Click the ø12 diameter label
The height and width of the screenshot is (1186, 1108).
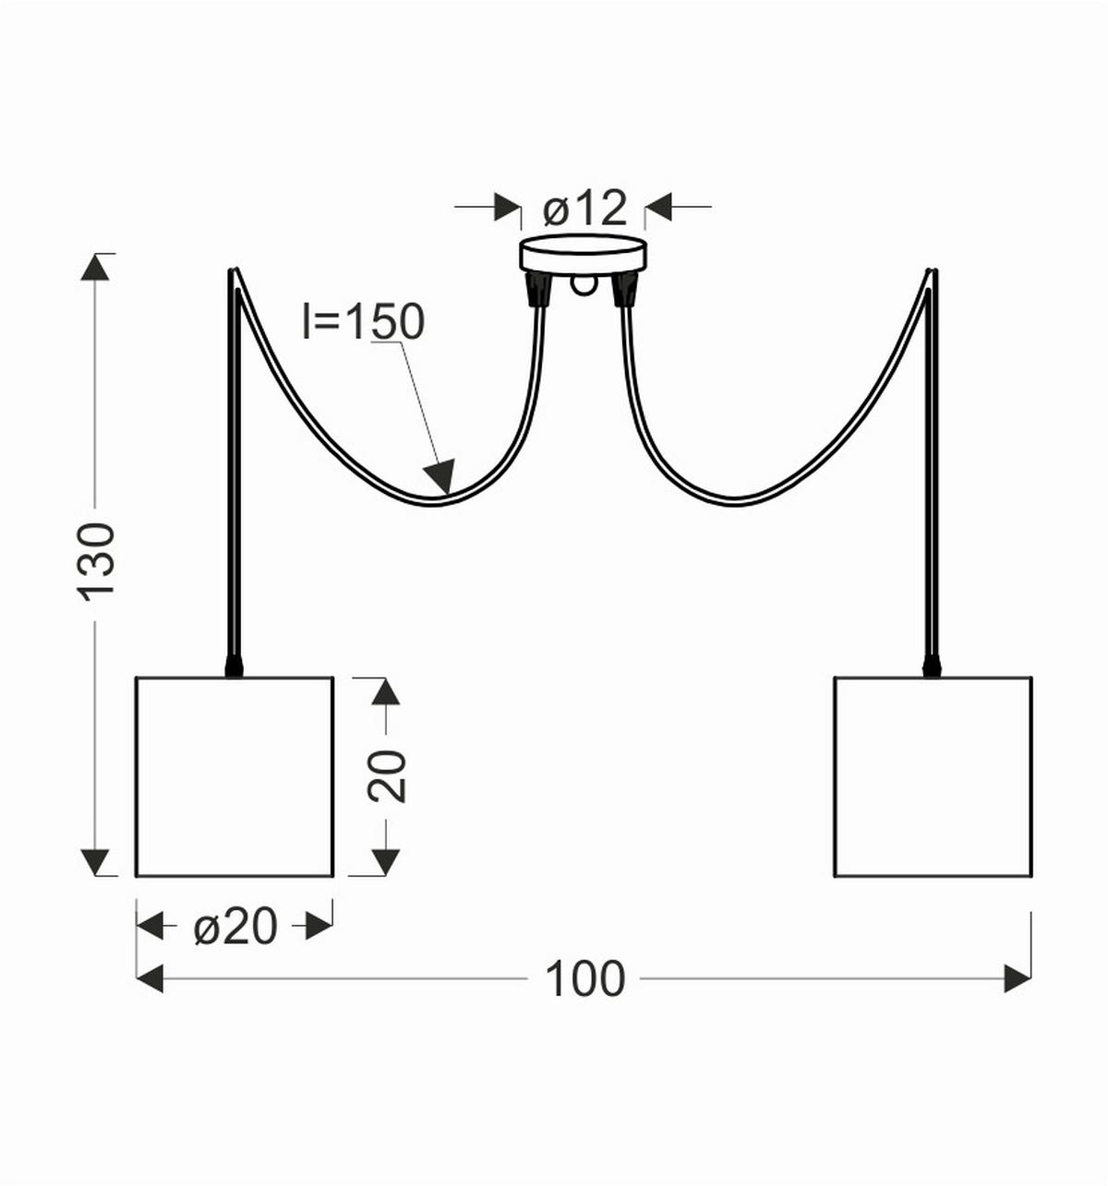click(x=585, y=209)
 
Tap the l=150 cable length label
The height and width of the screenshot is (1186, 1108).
click(x=364, y=322)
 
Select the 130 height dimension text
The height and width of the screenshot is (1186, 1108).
click(x=96, y=561)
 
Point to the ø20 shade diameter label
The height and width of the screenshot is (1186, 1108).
click(x=235, y=927)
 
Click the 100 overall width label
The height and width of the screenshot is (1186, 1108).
click(x=585, y=978)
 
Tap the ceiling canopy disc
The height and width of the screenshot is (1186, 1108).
click(x=584, y=255)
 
